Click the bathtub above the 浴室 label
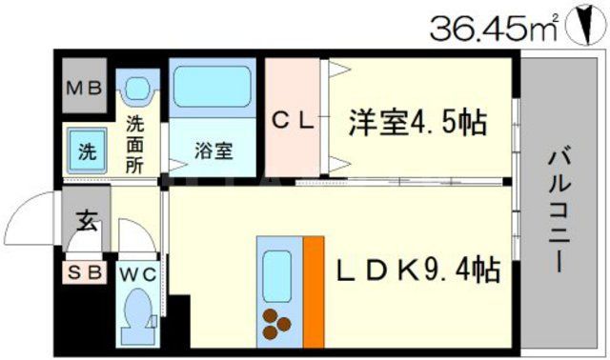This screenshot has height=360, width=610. click(213, 90)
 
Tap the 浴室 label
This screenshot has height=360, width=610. click(213, 150)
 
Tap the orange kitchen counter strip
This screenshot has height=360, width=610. click(314, 290)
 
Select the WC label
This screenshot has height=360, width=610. click(140, 271)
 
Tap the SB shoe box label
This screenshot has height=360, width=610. click(85, 271)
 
